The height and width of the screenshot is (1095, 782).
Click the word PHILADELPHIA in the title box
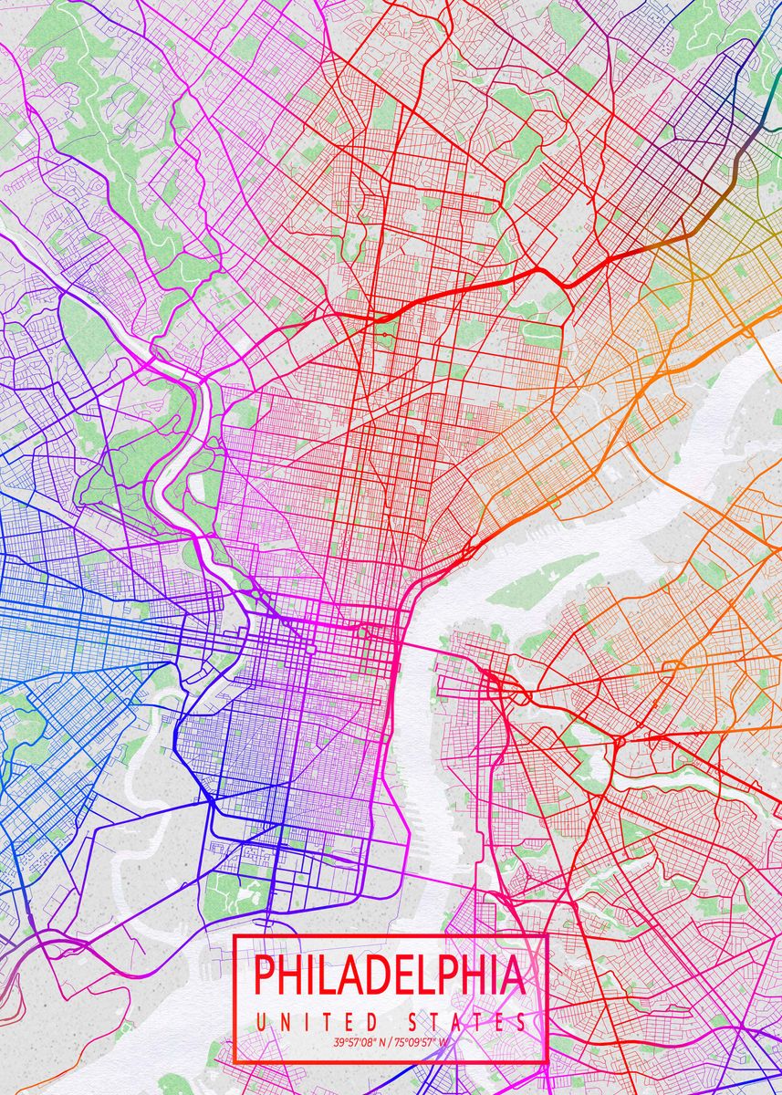coord(390,975)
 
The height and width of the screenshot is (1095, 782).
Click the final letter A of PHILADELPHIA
coord(513,975)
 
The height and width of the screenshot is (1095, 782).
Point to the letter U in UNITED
coord(261,1022)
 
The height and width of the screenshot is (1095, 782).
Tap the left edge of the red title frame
coord(235,998)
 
